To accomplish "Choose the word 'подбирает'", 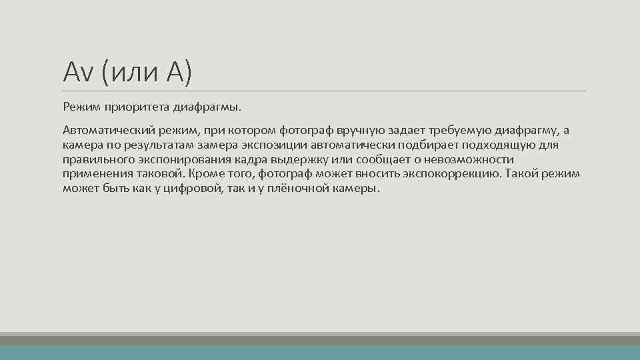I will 424,145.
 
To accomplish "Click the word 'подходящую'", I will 497,145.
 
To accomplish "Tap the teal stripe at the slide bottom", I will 320,353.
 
